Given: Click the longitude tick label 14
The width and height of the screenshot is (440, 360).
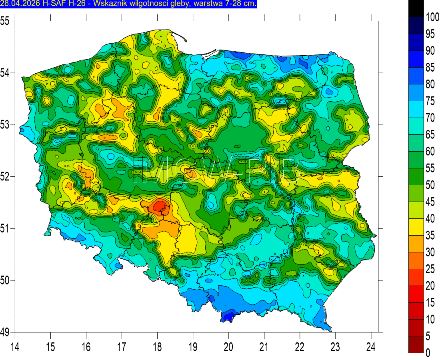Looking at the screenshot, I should pyautogui.click(x=15, y=346).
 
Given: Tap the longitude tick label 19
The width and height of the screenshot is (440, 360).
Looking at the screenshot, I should pyautogui.click(x=193, y=346).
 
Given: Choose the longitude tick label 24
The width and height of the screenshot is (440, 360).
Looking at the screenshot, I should pyautogui.click(x=371, y=346).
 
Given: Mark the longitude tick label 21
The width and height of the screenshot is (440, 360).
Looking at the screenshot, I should pyautogui.click(x=264, y=346).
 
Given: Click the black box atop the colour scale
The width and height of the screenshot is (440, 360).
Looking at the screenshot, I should pyautogui.click(x=416, y=8).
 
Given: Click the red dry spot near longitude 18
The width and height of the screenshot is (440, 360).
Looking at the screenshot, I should pyautogui.click(x=160, y=206).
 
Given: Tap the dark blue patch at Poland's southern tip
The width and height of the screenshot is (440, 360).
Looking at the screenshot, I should pyautogui.click(x=228, y=316).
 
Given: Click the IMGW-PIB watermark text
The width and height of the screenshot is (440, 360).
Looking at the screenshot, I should pyautogui.click(x=216, y=170).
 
